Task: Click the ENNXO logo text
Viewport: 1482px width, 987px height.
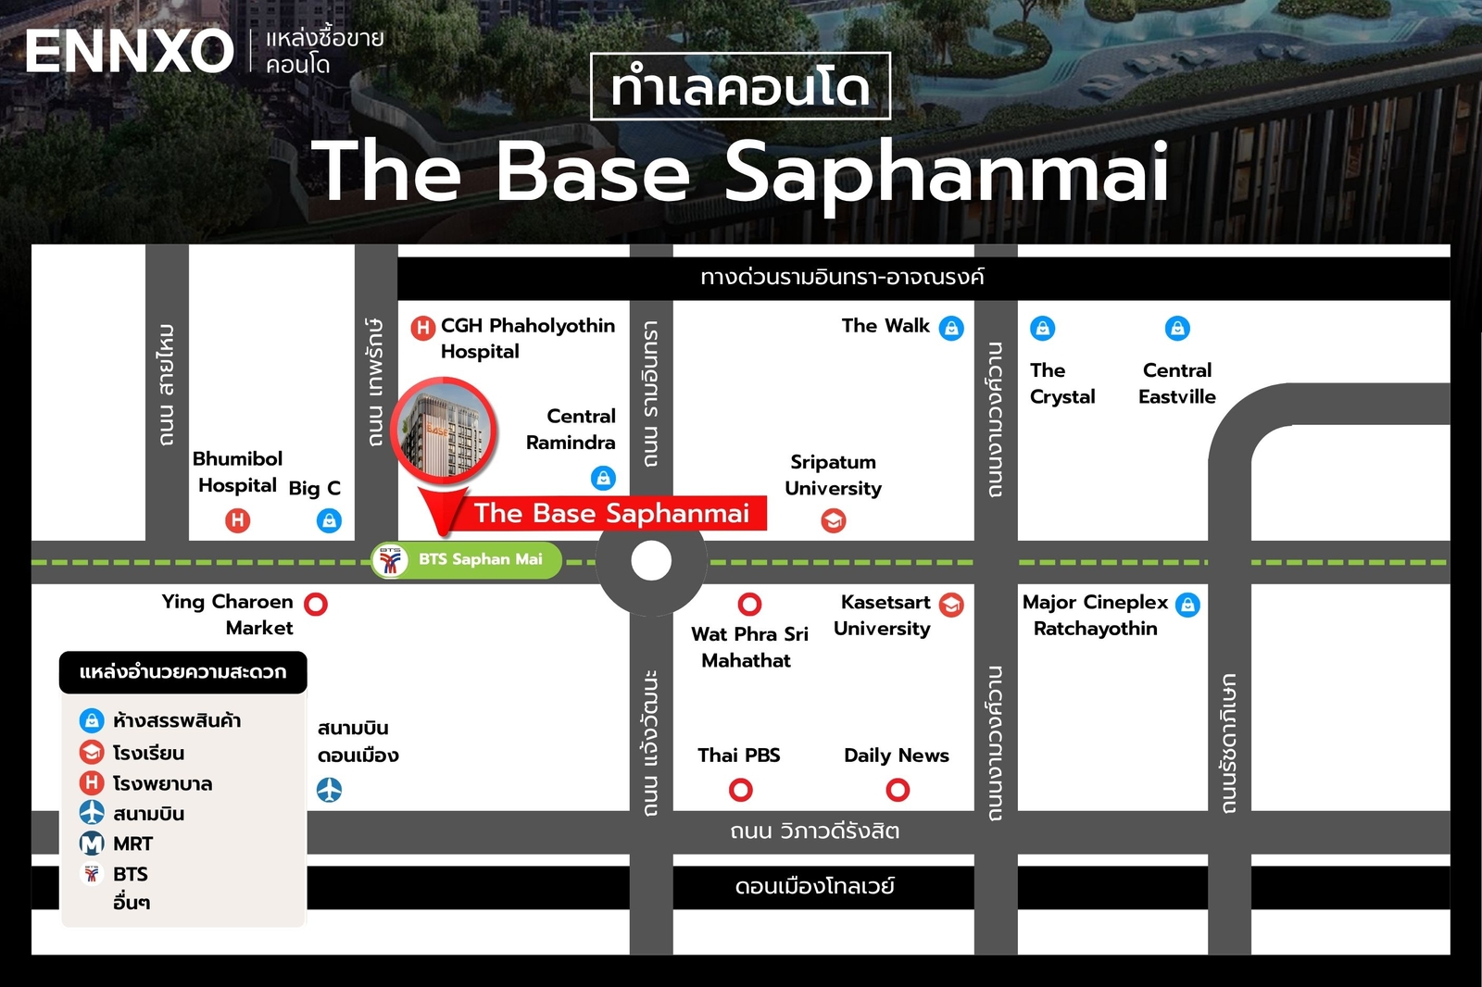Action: pyautogui.click(x=129, y=51)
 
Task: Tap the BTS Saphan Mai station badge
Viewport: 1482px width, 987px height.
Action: pyautogui.click(x=467, y=560)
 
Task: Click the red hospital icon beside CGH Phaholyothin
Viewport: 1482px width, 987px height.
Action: pyautogui.click(x=422, y=327)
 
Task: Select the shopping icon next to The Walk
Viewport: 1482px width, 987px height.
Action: pyautogui.click(x=951, y=328)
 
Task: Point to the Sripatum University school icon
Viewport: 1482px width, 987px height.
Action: pyautogui.click(x=834, y=521)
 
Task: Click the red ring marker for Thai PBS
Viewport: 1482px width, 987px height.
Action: pyautogui.click(x=740, y=790)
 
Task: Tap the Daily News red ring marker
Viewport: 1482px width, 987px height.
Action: pyautogui.click(x=898, y=790)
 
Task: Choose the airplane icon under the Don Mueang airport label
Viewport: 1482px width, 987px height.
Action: pyautogui.click(x=329, y=790)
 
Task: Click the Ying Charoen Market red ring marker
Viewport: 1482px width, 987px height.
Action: pyautogui.click(x=316, y=604)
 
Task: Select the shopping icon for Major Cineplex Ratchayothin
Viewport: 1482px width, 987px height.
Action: pyautogui.click(x=1187, y=605)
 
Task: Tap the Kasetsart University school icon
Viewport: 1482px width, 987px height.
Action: pyautogui.click(x=951, y=605)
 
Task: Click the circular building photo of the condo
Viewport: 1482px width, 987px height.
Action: pyautogui.click(x=444, y=430)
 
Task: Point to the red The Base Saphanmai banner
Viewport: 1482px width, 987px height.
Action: pyautogui.click(x=610, y=513)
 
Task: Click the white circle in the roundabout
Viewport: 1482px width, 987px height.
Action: pyautogui.click(x=651, y=561)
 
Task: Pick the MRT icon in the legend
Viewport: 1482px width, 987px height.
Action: pyautogui.click(x=92, y=843)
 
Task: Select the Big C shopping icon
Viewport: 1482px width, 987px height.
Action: pyautogui.click(x=329, y=520)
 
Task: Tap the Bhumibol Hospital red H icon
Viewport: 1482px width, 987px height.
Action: pyautogui.click(x=238, y=520)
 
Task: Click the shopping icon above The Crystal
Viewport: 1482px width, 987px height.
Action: pyautogui.click(x=1042, y=328)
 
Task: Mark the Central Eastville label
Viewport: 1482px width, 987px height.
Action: pyautogui.click(x=1176, y=383)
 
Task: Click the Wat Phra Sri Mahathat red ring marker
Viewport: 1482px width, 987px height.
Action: pyautogui.click(x=749, y=605)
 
